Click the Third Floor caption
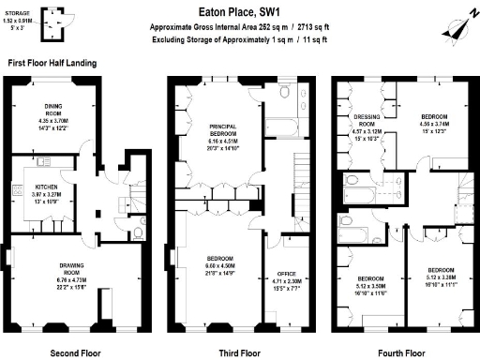pos(239,353)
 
